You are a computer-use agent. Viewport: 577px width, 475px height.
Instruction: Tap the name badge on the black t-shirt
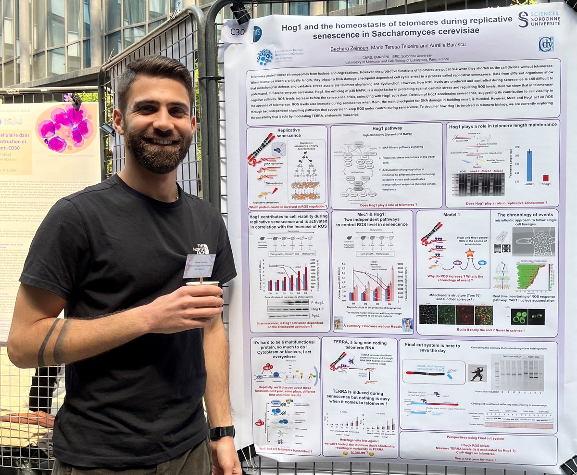[x=199, y=265]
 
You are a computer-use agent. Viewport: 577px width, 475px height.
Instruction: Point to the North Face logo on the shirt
[x=201, y=249]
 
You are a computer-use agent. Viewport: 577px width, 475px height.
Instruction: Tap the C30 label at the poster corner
[x=238, y=32]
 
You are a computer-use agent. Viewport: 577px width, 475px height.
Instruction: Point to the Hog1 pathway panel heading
[x=387, y=128]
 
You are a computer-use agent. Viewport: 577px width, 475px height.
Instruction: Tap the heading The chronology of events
[x=524, y=215]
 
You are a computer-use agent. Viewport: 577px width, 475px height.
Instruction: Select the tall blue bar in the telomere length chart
[x=529, y=166]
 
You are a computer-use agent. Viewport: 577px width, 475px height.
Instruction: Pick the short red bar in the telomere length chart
[x=545, y=177]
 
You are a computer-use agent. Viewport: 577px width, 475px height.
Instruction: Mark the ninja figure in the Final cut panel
[x=477, y=373]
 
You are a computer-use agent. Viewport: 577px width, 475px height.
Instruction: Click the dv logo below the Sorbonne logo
[x=546, y=44]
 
